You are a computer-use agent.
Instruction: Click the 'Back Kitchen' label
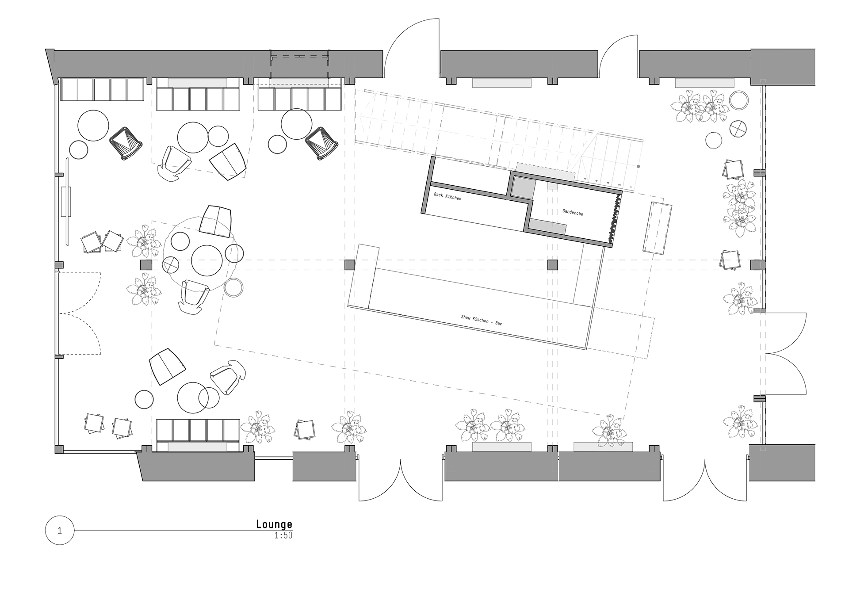coord(447,196)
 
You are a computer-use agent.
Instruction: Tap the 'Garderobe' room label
coord(573,212)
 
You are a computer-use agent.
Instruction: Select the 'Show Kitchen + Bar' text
coord(482,320)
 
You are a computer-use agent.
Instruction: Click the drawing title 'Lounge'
coord(274,524)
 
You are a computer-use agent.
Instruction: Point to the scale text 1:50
coord(283,535)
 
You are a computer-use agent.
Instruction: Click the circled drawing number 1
coord(60,531)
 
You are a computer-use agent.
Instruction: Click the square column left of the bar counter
coord(350,265)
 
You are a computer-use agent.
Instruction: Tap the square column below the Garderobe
coord(553,265)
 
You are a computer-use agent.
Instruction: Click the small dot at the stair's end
coord(639,167)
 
